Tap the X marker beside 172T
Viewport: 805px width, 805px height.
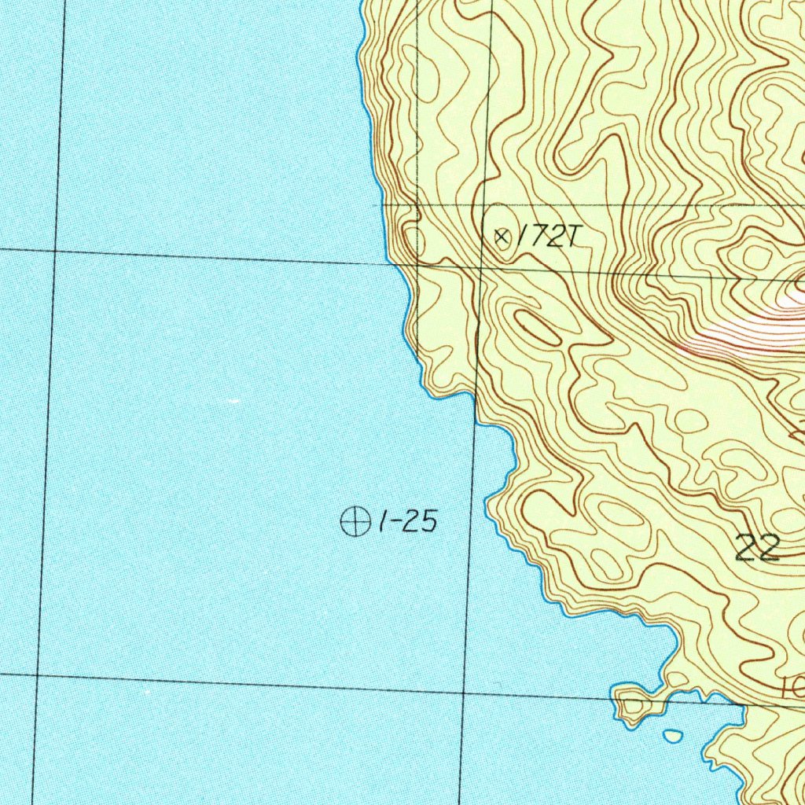501,235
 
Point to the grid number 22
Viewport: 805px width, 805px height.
758,547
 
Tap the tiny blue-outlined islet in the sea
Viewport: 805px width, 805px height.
673,736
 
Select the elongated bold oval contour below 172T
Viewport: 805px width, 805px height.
538,328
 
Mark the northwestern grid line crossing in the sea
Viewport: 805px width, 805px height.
54,251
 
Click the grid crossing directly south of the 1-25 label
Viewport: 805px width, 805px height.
463,691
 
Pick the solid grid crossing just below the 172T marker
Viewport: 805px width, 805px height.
482,266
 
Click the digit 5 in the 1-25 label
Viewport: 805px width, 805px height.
428,522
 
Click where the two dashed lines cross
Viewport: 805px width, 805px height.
417,205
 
